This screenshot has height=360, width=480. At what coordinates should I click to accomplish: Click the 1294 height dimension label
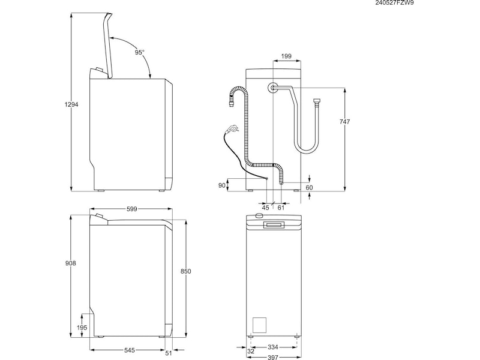72,105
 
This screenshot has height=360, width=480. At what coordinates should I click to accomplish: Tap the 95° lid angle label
139,53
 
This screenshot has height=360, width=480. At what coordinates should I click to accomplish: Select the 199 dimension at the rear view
286,56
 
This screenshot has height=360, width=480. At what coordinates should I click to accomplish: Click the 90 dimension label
222,185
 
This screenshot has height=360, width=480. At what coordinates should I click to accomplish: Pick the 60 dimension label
310,188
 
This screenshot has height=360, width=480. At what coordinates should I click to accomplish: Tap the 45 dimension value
266,208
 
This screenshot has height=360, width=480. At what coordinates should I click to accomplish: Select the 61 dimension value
281,208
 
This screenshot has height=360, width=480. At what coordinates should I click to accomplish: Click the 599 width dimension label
132,209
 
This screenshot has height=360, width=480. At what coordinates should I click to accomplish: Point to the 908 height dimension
72,263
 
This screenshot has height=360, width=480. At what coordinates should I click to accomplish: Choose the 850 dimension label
186,272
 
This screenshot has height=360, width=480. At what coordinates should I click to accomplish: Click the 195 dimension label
83,328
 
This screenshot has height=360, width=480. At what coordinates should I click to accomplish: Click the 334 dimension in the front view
272,347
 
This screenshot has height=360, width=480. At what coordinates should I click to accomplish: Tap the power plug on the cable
231,128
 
